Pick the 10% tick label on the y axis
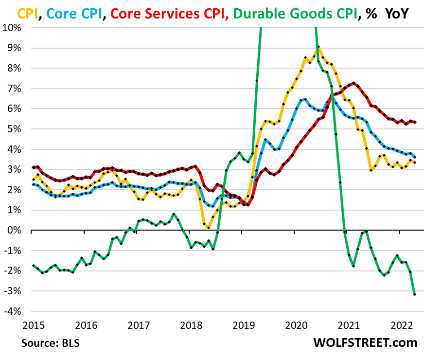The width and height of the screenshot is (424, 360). (x=13, y=27)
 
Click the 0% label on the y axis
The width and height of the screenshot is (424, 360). (x=15, y=230)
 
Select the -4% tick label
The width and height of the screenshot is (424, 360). (x=13, y=311)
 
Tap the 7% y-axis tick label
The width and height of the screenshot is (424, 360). (x=15, y=88)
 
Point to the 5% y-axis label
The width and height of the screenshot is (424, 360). (x=15, y=128)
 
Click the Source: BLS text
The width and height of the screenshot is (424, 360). (x=50, y=342)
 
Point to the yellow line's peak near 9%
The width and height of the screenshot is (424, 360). (x=318, y=47)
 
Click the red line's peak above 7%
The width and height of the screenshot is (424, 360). (x=353, y=83)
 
